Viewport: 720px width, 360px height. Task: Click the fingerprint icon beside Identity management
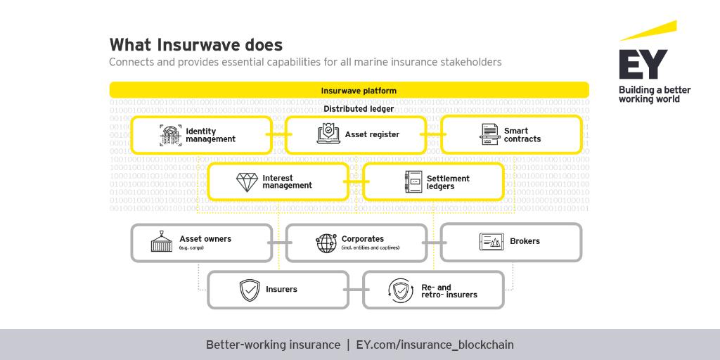point(170,135)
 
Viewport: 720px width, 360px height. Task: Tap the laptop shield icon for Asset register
point(328,134)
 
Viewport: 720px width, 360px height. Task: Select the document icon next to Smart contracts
point(489,134)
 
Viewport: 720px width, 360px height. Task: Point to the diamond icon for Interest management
point(246,182)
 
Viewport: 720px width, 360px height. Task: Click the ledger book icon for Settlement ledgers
point(413,182)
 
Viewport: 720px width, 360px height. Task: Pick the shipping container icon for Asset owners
point(162,243)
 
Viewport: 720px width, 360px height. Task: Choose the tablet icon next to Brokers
point(490,242)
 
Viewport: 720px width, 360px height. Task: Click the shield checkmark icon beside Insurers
point(250,290)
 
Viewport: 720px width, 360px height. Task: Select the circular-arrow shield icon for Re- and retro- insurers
point(400,290)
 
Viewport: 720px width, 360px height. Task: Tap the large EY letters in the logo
point(643,65)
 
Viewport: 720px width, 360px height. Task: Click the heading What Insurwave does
point(195,45)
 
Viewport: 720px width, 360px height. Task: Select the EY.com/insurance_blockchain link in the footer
point(435,345)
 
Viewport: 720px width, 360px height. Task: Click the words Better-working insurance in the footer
point(273,345)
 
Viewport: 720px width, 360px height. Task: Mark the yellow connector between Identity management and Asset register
point(278,134)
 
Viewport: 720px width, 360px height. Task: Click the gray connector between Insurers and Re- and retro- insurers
point(355,290)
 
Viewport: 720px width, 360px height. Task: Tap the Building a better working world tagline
point(654,95)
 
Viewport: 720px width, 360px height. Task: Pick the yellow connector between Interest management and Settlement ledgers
point(356,182)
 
